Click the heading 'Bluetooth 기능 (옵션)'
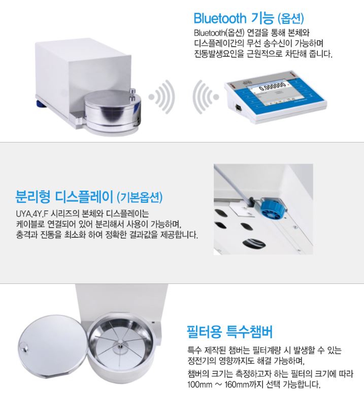click(249, 18)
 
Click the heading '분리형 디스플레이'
click(64, 196)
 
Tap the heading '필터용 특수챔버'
click(230, 332)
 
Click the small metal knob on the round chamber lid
click(133, 93)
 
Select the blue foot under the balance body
click(41, 104)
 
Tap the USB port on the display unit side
click(239, 107)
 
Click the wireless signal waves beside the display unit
click(206, 97)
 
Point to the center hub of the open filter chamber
click(120, 346)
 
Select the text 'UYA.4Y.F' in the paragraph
click(32, 214)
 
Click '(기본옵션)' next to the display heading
click(140, 197)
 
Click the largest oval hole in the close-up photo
click(254, 244)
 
